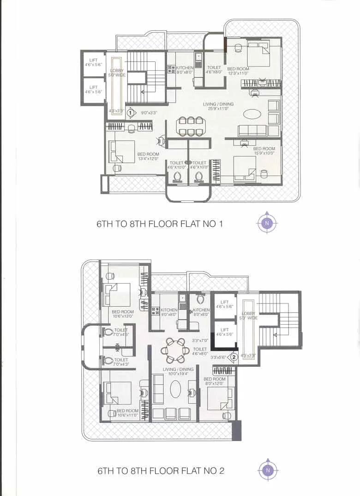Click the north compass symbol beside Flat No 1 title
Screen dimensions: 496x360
point(267,224)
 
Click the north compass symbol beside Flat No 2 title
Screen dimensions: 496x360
point(267,470)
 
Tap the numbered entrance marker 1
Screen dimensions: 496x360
point(131,112)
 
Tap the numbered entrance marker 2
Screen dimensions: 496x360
point(234,357)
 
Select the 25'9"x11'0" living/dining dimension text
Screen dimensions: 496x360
point(218,109)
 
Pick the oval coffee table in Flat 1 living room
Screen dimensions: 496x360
point(252,113)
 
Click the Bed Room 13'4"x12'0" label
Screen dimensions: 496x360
point(148,157)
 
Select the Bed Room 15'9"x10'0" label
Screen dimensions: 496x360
point(264,151)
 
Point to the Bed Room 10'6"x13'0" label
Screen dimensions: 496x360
point(122,314)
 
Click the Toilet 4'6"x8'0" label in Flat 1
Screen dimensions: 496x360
point(214,70)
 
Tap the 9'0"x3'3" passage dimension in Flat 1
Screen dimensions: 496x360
point(149,112)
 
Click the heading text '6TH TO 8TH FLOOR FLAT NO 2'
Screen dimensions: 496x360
point(161,471)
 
